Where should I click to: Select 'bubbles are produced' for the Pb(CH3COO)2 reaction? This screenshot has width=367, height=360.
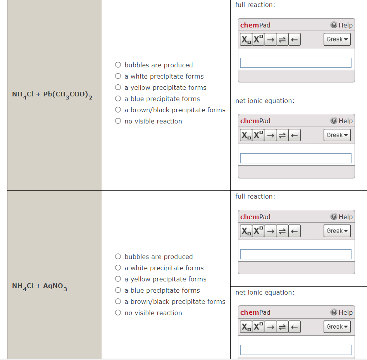click(118, 65)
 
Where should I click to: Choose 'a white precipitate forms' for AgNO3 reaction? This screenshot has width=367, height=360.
click(118, 268)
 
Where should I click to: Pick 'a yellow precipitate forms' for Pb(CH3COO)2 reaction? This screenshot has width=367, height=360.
click(118, 87)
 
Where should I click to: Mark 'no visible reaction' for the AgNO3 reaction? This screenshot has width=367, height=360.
click(118, 313)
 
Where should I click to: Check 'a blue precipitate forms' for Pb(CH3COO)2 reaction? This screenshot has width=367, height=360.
click(118, 99)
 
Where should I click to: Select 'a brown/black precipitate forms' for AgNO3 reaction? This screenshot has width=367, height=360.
click(118, 302)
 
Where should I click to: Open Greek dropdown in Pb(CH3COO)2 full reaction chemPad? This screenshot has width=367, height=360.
click(337, 39)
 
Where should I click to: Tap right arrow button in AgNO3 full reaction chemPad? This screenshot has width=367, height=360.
click(270, 231)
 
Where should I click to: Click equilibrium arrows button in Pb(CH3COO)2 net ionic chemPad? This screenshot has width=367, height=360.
click(283, 135)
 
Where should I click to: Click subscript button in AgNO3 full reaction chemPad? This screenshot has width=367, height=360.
click(246, 231)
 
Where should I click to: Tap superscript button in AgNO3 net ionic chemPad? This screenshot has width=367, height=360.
click(258, 327)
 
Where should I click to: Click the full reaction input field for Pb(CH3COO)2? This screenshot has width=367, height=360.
click(296, 63)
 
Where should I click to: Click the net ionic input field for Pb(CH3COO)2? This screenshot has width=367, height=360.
click(296, 158)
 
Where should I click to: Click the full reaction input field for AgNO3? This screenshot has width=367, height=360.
click(296, 254)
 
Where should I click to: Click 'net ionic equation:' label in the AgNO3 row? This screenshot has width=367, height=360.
click(265, 292)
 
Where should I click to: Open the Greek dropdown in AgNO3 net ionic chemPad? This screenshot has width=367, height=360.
click(337, 327)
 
